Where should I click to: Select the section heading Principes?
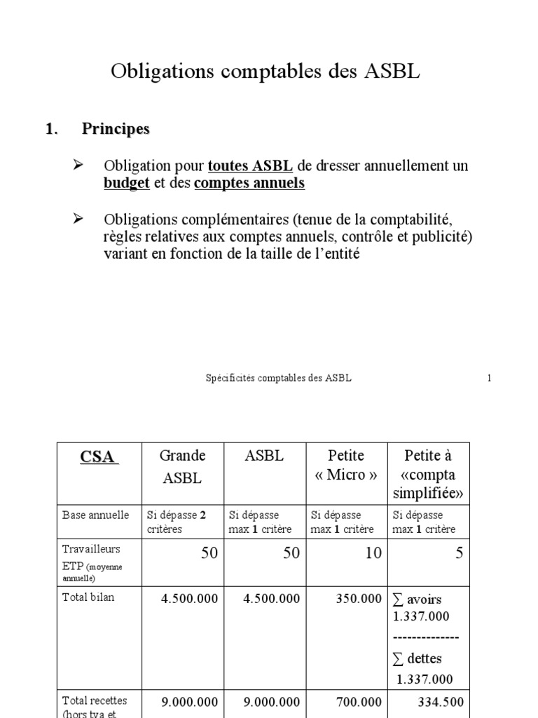click(x=116, y=129)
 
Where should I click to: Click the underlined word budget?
click(x=127, y=183)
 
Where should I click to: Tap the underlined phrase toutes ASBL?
click(x=250, y=167)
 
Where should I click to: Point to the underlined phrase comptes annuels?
click(x=249, y=183)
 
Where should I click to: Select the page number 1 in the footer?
click(x=489, y=378)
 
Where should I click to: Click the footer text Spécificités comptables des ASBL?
click(x=279, y=378)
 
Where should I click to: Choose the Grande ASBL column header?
click(x=182, y=468)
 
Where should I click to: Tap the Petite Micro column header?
click(x=346, y=466)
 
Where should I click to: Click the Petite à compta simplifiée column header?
click(x=430, y=474)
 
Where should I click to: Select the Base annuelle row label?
click(x=96, y=515)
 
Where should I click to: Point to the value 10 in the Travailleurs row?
click(x=373, y=553)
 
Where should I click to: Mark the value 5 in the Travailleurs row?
click(x=459, y=553)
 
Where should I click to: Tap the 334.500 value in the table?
click(x=440, y=701)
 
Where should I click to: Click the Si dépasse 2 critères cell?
click(x=177, y=522)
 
